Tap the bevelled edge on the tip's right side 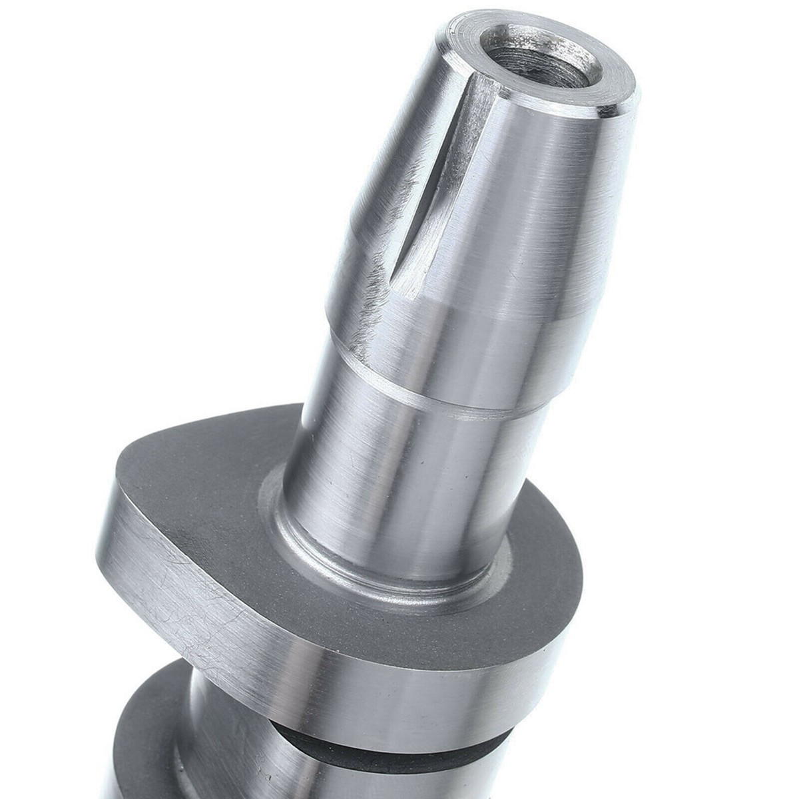[629, 100]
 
